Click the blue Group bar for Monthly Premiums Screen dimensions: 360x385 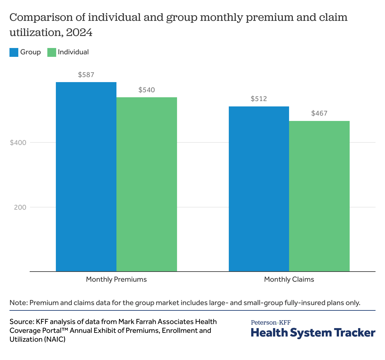click(x=86, y=177)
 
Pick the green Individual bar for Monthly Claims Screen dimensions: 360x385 click(x=319, y=196)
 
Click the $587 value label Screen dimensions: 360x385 click(x=86, y=75)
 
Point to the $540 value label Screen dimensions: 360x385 click(x=147, y=90)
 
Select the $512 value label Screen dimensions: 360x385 click(x=259, y=99)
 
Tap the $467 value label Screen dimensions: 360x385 click(x=319, y=113)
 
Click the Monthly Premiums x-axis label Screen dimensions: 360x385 click(x=116, y=279)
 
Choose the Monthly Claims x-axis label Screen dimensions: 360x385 click(x=289, y=279)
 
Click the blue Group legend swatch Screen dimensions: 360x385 click(x=14, y=52)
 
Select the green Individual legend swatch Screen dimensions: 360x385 click(x=52, y=52)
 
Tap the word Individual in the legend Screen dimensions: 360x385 click(x=73, y=52)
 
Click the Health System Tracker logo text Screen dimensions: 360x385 click(x=313, y=333)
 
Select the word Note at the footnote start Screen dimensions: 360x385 click(x=18, y=303)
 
